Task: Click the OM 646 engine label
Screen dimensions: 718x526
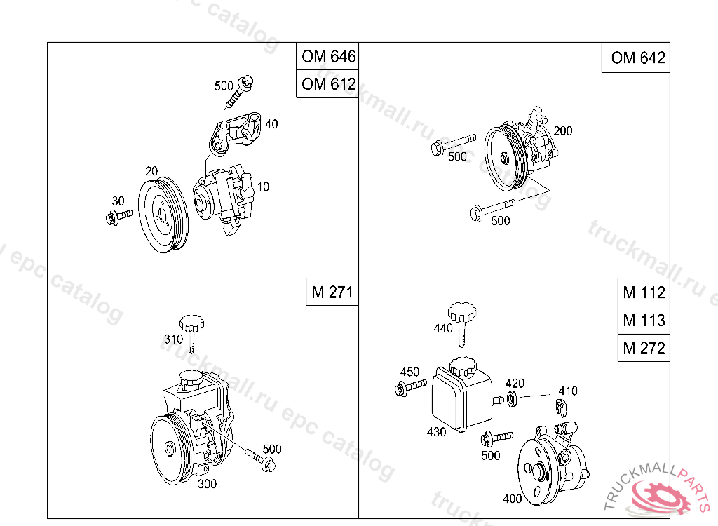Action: [x=328, y=56]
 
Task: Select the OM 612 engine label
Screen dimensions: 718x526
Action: [x=328, y=84]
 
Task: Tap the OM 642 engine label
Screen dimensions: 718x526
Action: [x=638, y=58]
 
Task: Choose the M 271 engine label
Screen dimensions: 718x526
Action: [x=332, y=292]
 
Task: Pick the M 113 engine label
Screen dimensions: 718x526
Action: [x=644, y=320]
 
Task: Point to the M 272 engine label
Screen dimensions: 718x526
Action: [x=644, y=349]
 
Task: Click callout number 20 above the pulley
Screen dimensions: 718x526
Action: [x=151, y=171]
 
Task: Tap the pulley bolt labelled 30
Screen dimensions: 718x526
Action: [x=118, y=216]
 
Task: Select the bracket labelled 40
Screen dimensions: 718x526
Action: [x=235, y=133]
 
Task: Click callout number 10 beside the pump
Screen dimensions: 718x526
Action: [x=264, y=187]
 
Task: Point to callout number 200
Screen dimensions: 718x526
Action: [x=563, y=131]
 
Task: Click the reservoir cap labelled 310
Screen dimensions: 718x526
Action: [x=192, y=332]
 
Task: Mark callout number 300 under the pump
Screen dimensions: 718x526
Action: [x=207, y=484]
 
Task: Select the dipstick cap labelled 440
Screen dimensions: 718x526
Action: [x=461, y=323]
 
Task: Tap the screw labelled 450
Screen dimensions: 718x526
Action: [x=410, y=387]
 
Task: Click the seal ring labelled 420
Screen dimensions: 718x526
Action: [x=513, y=399]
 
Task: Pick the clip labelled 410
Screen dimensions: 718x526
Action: [x=561, y=407]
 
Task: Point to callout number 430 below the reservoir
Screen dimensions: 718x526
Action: [x=436, y=432]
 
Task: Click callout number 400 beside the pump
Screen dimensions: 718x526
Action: [x=513, y=499]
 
